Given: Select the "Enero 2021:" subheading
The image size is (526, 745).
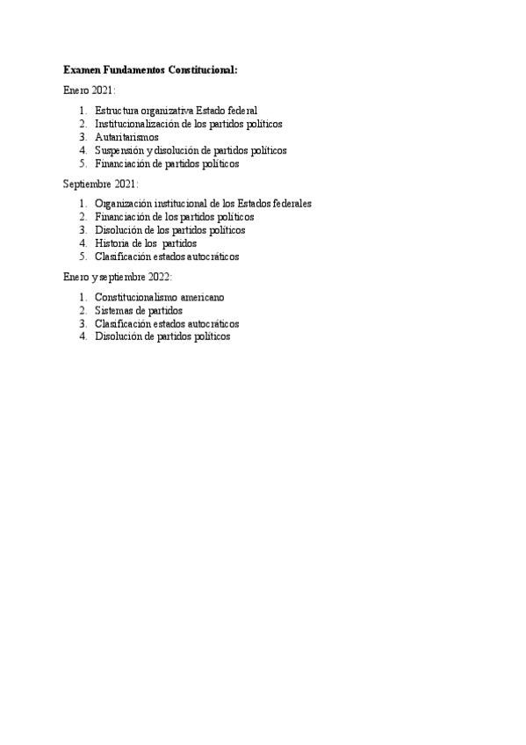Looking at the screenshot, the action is point(90,90).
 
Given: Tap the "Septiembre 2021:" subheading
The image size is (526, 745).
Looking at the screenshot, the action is point(101,184).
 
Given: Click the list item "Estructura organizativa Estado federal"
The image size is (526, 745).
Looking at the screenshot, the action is point(176,111).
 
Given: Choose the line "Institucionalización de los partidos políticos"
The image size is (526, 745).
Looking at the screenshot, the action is point(188,124).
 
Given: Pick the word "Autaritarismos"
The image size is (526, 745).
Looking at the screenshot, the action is point(126,137).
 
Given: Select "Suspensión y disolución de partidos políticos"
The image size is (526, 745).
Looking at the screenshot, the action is point(191,150).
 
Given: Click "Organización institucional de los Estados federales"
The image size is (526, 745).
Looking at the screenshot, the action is point(203,204).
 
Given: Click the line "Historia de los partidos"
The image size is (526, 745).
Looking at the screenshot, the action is point(146,243).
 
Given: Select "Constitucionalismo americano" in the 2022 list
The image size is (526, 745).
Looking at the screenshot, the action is point(159,297).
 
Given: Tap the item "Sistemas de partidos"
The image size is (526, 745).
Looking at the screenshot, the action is point(139,310).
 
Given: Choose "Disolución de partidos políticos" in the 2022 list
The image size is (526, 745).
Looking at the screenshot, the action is point(162,336).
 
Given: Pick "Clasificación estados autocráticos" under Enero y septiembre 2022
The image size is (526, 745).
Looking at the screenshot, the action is point(167,323).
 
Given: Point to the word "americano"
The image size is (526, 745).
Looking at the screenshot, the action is point(202,297).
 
